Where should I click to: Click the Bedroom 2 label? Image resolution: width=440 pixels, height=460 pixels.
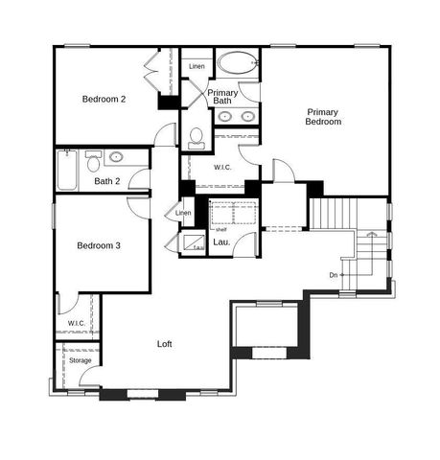104,99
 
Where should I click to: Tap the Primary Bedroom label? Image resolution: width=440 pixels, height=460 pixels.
323,117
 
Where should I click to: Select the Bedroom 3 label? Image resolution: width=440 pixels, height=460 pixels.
99,246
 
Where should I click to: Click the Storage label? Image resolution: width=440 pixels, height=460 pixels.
80,360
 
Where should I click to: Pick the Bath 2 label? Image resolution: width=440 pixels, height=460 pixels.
106,181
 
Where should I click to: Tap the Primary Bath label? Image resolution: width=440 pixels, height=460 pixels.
222,97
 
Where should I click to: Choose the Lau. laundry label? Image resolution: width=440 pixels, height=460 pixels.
220,243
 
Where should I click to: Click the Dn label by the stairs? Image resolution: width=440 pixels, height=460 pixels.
333,275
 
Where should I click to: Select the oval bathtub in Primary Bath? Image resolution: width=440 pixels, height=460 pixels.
235,64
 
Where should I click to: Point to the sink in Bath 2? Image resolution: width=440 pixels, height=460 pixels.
118,157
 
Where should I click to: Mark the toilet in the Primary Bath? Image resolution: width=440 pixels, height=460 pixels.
197,138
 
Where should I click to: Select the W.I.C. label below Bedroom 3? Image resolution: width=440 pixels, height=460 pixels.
77,323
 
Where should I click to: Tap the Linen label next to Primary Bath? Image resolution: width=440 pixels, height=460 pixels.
197,66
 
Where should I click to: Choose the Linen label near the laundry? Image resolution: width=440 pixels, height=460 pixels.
183,213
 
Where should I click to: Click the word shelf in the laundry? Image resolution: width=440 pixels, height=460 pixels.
220,229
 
